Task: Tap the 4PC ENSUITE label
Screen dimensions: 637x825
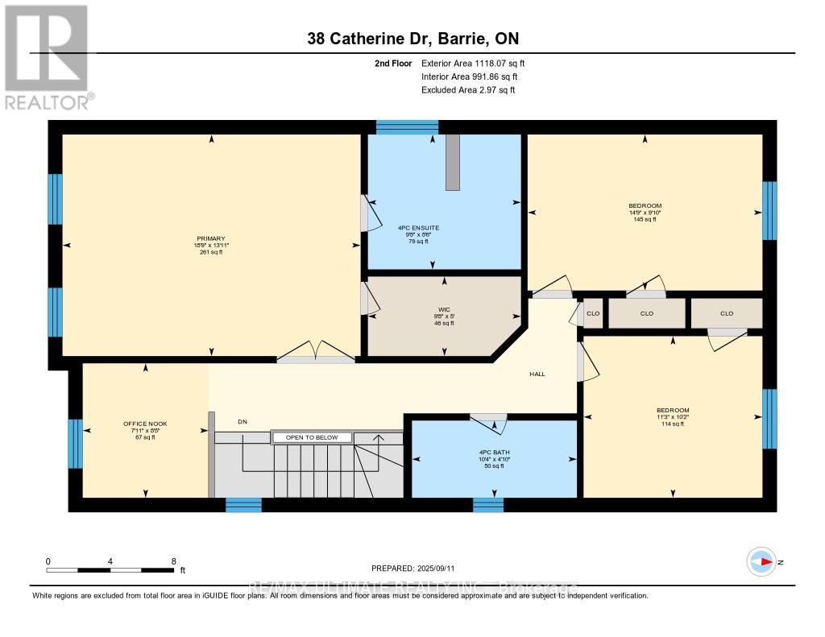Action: pyautogui.click(x=419, y=228)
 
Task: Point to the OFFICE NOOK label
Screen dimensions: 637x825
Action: pyautogui.click(x=145, y=424)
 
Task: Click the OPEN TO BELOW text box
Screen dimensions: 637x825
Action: pyautogui.click(x=313, y=437)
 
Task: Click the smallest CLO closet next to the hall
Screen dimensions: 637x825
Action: pyautogui.click(x=593, y=313)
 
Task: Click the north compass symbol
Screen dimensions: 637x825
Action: pyautogui.click(x=761, y=561)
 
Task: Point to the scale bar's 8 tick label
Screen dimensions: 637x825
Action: pyautogui.click(x=173, y=560)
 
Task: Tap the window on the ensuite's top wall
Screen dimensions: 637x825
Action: pyautogui.click(x=408, y=126)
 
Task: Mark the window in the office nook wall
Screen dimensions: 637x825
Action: pyautogui.click(x=75, y=443)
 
